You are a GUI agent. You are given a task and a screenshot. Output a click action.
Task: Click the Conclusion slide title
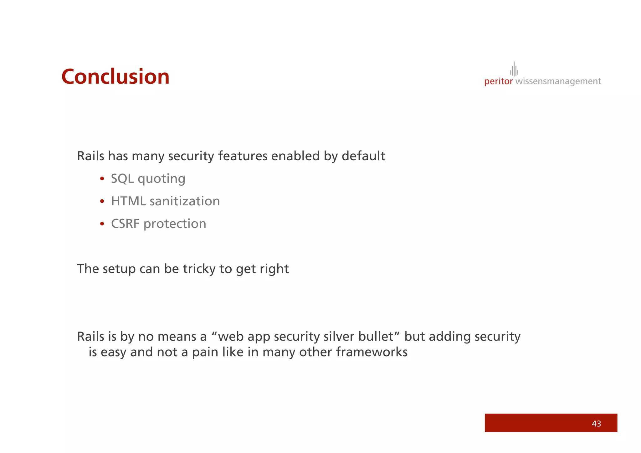[x=115, y=77]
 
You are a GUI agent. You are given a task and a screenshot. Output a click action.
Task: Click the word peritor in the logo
[x=498, y=81]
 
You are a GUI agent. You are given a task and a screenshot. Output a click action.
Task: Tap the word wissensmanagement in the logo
[x=558, y=81]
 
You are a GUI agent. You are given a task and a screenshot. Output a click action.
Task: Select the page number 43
[x=596, y=424]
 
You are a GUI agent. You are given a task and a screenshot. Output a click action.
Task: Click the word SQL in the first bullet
[x=122, y=179]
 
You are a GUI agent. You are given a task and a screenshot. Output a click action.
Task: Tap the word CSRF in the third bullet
[x=125, y=224]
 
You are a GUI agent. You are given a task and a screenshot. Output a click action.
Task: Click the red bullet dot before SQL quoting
[x=102, y=179]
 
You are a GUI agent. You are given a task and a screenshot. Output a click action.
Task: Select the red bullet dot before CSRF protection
[x=102, y=224]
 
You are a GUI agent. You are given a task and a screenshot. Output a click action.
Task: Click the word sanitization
[x=185, y=201]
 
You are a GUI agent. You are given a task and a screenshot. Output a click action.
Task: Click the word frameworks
[x=372, y=352]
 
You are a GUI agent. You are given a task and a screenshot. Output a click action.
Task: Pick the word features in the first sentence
[x=243, y=156]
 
